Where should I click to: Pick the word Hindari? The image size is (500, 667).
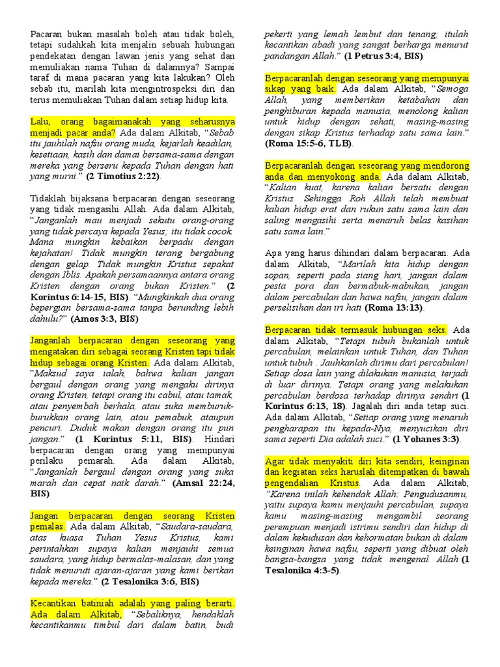[217, 439]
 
